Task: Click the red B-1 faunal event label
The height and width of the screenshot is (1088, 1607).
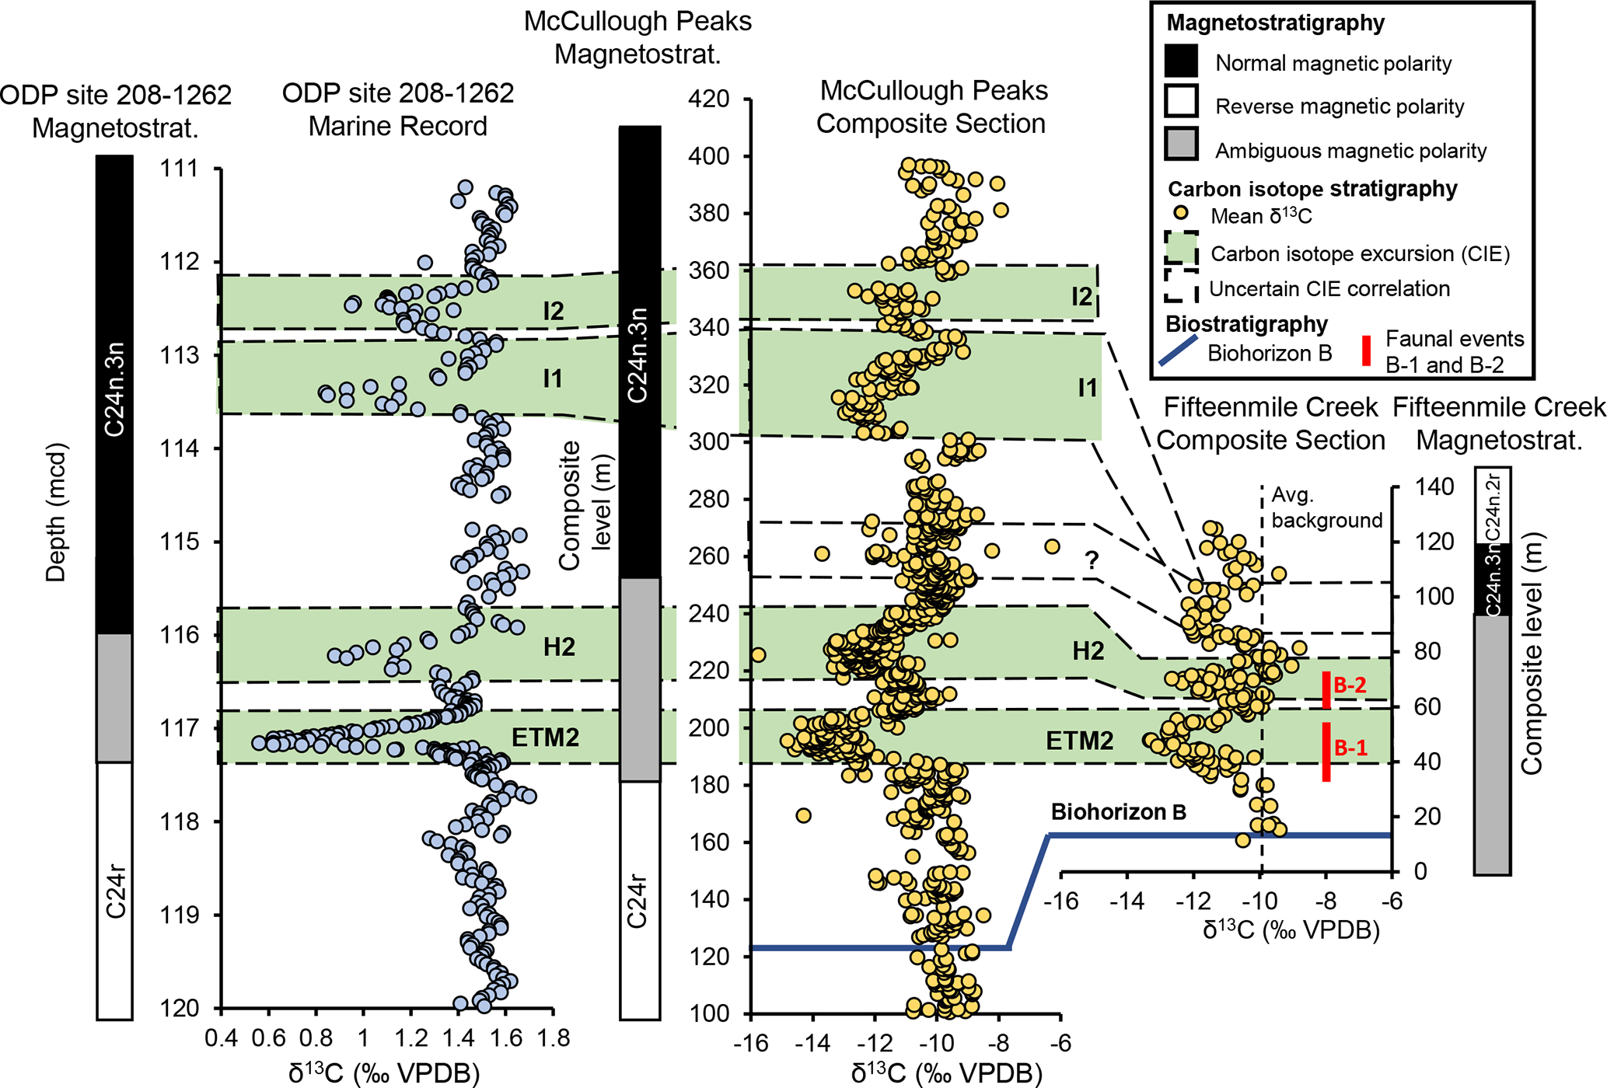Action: (x=1350, y=748)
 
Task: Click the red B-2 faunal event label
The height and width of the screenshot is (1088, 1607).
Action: (x=1350, y=685)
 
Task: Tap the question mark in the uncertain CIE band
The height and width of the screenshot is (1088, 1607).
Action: (x=1092, y=560)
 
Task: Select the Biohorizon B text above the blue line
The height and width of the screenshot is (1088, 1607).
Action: (x=1118, y=813)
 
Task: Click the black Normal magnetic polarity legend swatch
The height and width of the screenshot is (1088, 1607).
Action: (x=1181, y=61)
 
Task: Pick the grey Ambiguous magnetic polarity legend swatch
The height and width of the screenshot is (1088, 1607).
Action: (x=1181, y=145)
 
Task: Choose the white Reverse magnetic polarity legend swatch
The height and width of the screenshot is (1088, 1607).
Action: (x=1181, y=103)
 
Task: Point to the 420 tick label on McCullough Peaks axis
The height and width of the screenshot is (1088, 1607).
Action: (x=709, y=99)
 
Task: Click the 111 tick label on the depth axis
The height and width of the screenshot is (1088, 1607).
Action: (x=179, y=168)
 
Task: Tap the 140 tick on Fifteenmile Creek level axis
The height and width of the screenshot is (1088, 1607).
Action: (x=1434, y=487)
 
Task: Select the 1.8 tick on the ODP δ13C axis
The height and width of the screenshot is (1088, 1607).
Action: (x=553, y=1038)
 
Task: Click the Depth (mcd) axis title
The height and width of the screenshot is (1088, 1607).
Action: (x=56, y=513)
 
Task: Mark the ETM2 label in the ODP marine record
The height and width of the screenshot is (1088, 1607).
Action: (x=545, y=738)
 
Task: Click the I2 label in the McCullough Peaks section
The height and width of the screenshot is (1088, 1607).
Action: (x=1081, y=296)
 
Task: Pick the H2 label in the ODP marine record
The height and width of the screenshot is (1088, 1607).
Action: (x=559, y=647)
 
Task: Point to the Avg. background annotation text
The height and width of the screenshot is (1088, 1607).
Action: (x=1326, y=507)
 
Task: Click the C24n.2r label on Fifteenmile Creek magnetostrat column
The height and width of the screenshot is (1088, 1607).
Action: (x=1493, y=506)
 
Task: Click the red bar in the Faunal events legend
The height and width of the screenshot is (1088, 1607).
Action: (x=1366, y=350)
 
